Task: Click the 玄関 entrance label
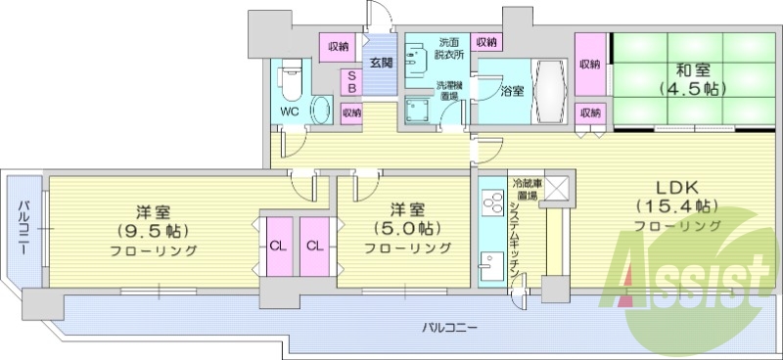point(381,63)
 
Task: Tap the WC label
point(290,111)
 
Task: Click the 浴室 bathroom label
point(511,92)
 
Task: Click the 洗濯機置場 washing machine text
point(449,91)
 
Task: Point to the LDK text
point(676,188)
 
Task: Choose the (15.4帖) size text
point(676,206)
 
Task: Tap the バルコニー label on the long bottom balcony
point(450,326)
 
